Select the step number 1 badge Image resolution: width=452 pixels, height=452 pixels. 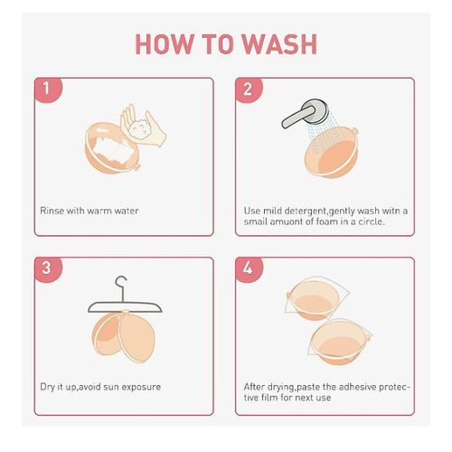pyautogui.click(x=48, y=89)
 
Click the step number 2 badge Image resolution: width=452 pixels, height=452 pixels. pyautogui.click(x=249, y=89)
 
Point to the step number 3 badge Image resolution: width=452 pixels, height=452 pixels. pyautogui.click(x=48, y=269)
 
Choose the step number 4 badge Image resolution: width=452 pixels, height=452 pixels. pyautogui.click(x=249, y=269)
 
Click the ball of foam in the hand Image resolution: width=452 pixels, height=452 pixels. pyautogui.click(x=139, y=129)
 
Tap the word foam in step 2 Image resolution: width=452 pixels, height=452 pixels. pyautogui.click(x=327, y=221)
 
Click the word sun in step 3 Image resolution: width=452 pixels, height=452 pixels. pyautogui.click(x=111, y=387)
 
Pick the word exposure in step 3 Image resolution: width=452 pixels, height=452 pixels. pyautogui.click(x=141, y=388)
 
